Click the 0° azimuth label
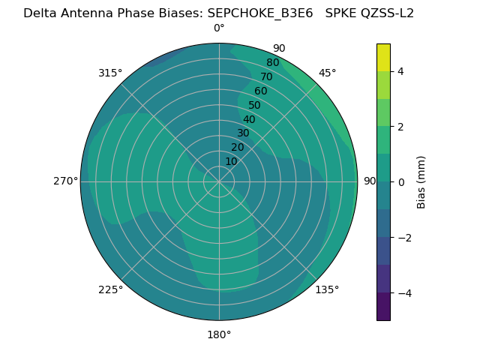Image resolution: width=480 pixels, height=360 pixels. point(219,28)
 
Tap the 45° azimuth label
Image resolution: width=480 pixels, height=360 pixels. point(327,73)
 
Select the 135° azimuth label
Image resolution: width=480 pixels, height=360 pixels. point(327,289)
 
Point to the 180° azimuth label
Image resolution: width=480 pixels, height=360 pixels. point(219,334)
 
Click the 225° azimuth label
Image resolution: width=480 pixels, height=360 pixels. point(110,289)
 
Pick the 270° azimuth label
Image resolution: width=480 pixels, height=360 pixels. point(65,181)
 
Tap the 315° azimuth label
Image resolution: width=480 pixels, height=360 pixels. point(110,73)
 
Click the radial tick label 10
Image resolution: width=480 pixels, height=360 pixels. point(231,161)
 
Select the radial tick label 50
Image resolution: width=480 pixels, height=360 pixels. point(254,105)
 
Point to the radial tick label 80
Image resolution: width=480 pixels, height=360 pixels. point(272,62)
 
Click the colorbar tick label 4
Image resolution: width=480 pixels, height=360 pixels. point(400,71)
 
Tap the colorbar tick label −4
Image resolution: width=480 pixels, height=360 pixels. point(403,292)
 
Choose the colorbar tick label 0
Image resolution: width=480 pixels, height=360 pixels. point(400,181)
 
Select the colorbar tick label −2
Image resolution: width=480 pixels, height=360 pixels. point(403,237)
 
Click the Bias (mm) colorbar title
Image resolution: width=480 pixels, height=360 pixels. point(421,181)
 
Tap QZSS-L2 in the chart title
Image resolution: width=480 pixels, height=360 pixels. point(386,13)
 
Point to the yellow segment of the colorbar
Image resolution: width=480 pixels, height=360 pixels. point(383,58)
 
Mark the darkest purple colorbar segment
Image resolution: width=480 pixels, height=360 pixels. point(383,306)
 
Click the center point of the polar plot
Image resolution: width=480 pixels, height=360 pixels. point(219,181)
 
